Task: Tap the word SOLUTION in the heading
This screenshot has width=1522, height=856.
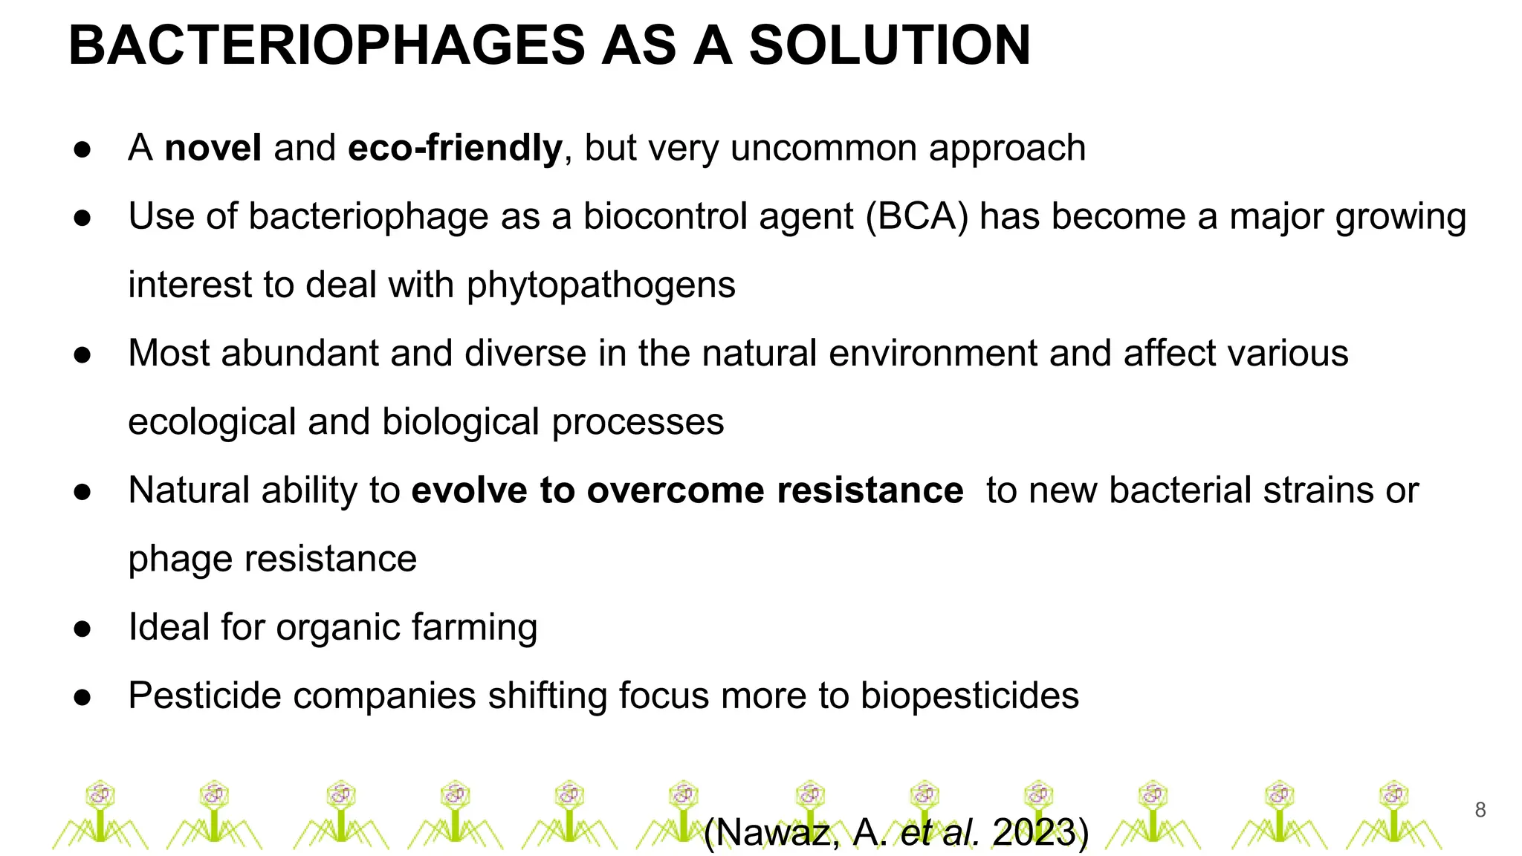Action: tap(890, 46)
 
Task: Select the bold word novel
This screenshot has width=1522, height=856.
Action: tap(213, 148)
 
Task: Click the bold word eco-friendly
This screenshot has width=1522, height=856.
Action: tap(455, 148)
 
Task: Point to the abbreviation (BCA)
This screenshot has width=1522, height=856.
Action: tap(916, 217)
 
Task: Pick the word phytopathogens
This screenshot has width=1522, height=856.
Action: tap(600, 285)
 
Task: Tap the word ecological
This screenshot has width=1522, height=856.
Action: tap(212, 422)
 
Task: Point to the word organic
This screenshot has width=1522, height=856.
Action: tap(337, 628)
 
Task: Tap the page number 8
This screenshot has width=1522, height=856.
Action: tap(1480, 810)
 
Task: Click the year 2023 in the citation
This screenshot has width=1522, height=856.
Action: tap(1034, 832)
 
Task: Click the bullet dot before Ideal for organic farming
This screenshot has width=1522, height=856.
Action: tap(82, 629)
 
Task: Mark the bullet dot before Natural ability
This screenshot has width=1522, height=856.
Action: tap(82, 492)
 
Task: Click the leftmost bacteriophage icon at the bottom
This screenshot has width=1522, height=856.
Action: tap(100, 816)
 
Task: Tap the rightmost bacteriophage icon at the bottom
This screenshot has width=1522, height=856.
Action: tap(1393, 816)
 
